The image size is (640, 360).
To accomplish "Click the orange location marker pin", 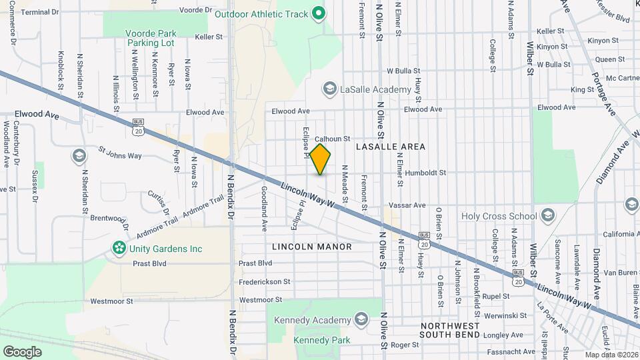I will tap(321, 159).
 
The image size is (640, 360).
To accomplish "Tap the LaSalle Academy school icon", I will tap(329, 89).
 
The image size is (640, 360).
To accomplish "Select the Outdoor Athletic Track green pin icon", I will tap(319, 13).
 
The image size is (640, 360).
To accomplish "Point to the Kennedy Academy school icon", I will tap(361, 320).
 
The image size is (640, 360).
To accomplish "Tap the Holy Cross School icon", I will tap(548, 215).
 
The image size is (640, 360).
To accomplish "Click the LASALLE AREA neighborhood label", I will tap(391, 146).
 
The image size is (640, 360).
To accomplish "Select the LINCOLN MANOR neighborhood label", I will tap(312, 247).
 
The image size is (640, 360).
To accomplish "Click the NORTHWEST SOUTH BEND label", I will tap(451, 331).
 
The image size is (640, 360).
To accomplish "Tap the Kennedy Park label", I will tap(322, 341).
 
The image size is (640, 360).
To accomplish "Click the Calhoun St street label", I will tap(333, 139).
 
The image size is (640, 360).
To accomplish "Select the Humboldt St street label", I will tap(424, 173).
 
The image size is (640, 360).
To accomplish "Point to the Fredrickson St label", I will tap(265, 282).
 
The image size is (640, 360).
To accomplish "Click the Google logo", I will tap(22, 351).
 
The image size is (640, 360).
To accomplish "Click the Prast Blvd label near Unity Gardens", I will tap(149, 263).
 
